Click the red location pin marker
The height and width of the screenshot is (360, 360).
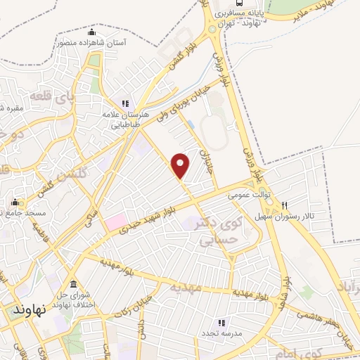click(181, 165)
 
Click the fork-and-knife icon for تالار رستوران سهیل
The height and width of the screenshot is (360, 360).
click(284, 205)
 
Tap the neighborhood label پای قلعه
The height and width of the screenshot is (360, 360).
click(52, 95)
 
